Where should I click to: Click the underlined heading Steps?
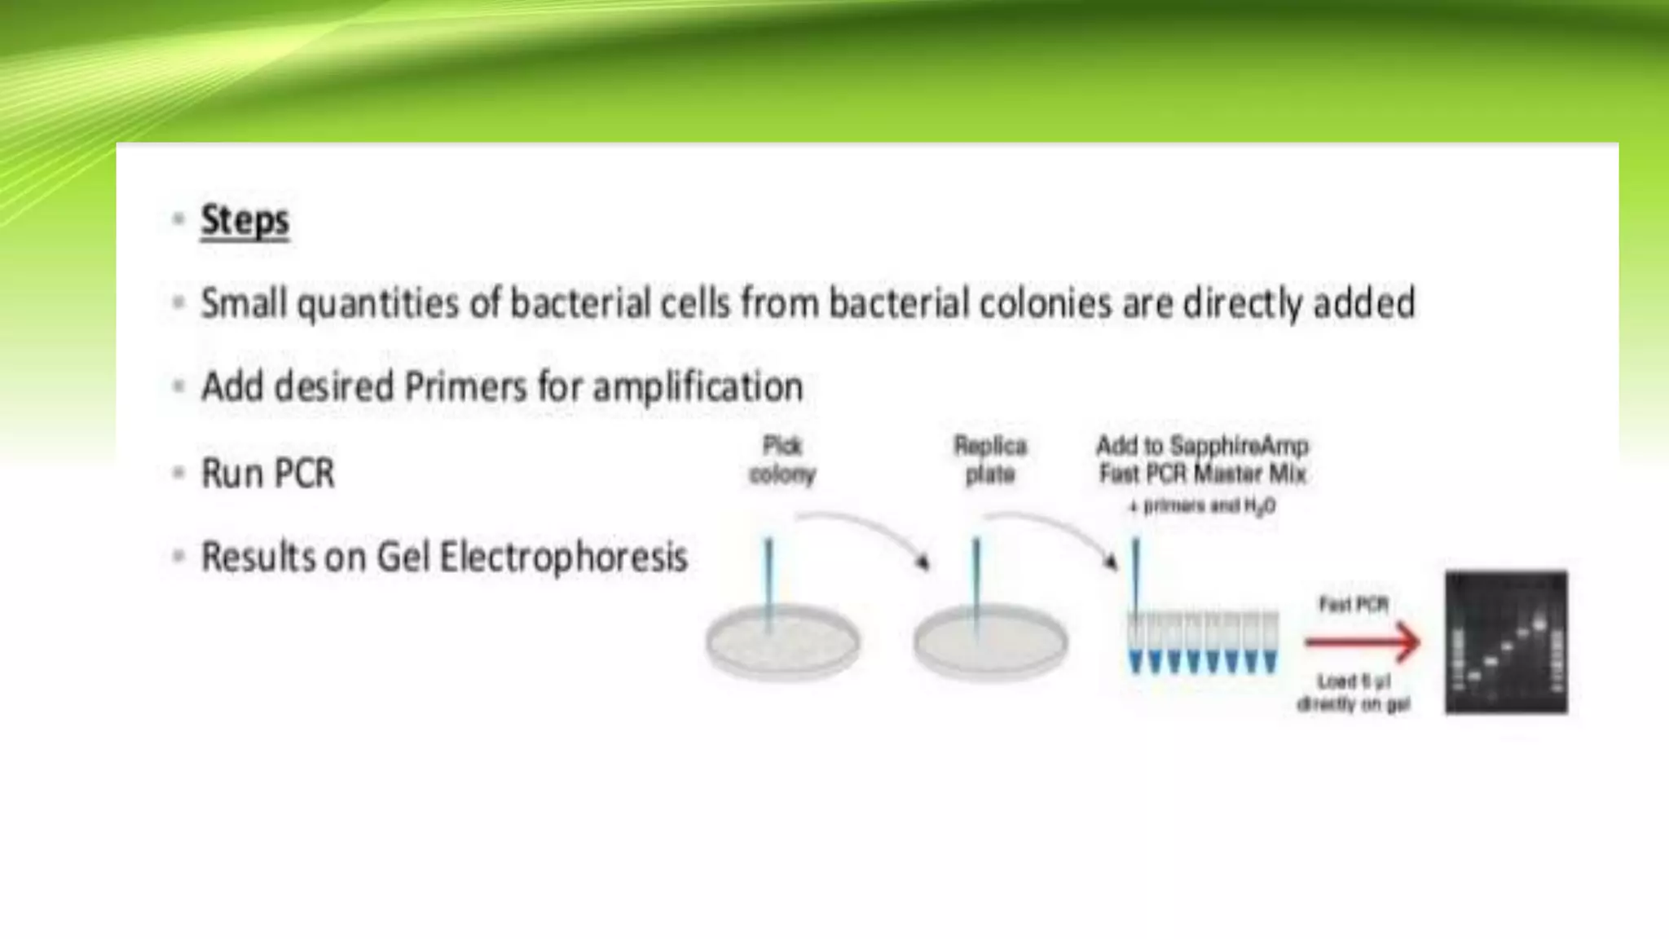[244, 220]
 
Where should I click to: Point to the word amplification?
[698, 386]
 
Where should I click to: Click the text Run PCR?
[267, 474]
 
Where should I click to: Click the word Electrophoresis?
[564, 558]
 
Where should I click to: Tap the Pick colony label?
[782, 460]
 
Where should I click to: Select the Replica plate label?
[989, 460]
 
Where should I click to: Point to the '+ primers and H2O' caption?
[1202, 506]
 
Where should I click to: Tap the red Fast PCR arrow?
[1362, 642]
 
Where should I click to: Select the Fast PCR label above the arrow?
[1353, 605]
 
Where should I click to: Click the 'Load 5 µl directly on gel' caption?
[1354, 693]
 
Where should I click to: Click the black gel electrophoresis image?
[1506, 642]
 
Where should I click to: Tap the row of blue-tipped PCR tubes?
[1202, 644]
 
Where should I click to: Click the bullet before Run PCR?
[178, 472]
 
